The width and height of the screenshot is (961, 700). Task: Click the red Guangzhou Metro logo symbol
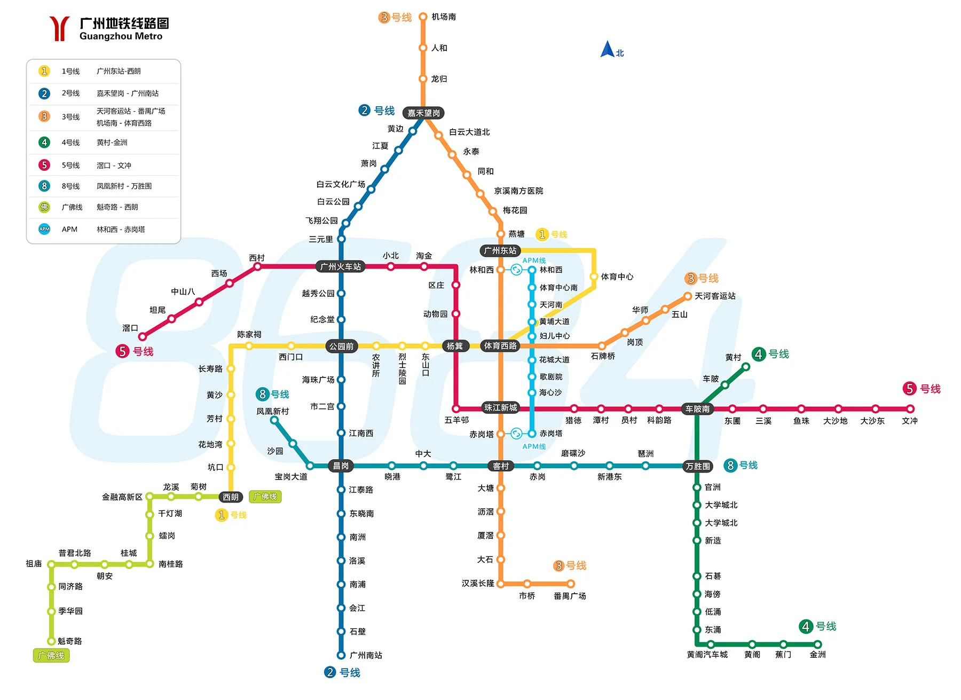(x=59, y=28)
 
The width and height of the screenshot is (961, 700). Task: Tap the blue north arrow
(x=608, y=50)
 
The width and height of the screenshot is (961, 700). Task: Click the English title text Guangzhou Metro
(x=121, y=36)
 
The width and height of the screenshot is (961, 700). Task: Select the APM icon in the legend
(x=44, y=229)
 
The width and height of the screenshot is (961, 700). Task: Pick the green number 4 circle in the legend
(x=44, y=143)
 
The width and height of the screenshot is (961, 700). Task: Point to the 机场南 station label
(x=444, y=17)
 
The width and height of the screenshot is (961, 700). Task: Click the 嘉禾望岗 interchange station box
(x=423, y=113)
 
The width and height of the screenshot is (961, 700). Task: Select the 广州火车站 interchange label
(x=341, y=266)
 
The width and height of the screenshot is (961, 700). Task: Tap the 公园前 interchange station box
(x=341, y=347)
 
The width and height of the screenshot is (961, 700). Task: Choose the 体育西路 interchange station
(x=500, y=346)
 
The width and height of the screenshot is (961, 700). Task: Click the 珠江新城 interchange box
(x=500, y=408)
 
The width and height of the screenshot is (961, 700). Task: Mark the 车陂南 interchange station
(x=697, y=409)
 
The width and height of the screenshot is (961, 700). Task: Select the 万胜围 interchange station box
(x=698, y=467)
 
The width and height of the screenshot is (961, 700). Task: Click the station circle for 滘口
(x=143, y=336)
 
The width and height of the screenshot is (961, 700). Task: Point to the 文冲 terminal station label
(x=910, y=421)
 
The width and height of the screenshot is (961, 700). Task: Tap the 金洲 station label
(x=817, y=655)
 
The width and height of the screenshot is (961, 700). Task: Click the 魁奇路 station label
(x=70, y=641)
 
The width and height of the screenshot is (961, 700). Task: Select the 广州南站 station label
(x=366, y=655)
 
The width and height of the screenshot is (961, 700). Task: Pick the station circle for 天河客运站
(x=688, y=296)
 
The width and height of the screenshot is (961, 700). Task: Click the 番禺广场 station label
(x=570, y=596)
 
